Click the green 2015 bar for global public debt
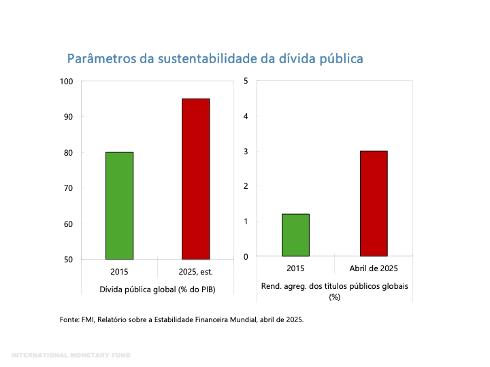click(x=119, y=205)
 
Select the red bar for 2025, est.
click(x=195, y=179)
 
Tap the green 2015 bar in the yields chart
click(x=295, y=235)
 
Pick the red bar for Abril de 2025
click(x=373, y=203)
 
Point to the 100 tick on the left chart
click(x=66, y=82)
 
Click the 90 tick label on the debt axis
click(x=68, y=117)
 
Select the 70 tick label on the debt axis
click(x=68, y=188)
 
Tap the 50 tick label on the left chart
click(x=68, y=260)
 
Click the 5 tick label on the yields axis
click(x=246, y=82)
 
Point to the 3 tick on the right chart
click(x=246, y=152)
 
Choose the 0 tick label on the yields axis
click(x=246, y=256)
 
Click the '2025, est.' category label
click(x=195, y=271)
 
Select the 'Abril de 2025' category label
click(x=374, y=268)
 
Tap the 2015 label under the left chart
click(x=119, y=271)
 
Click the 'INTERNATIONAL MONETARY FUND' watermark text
click(x=71, y=355)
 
